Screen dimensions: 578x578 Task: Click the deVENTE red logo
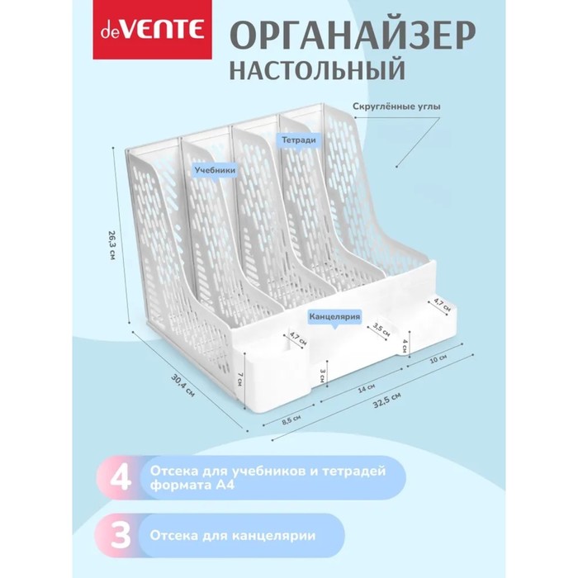pos(152,30)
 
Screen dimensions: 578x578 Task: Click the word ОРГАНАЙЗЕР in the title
pos(353,37)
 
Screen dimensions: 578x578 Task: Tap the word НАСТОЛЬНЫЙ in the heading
pos(317,70)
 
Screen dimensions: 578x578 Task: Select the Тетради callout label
pos(299,140)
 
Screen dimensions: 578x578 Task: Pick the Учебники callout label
pos(216,170)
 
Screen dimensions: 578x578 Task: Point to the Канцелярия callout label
pos(334,317)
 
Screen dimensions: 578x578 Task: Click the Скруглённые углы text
pos(396,107)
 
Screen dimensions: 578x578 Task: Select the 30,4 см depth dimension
pos(182,386)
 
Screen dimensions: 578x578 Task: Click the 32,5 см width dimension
pos(386,400)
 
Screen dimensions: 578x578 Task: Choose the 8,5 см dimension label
pos(291,419)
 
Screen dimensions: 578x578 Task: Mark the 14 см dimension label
pos(367,389)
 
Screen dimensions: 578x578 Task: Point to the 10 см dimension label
pos(439,358)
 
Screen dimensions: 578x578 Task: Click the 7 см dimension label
pos(240,379)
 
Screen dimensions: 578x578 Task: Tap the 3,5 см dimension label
pos(381,330)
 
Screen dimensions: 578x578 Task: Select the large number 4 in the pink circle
pos(121,478)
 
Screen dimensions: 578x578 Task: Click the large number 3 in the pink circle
pos(121,535)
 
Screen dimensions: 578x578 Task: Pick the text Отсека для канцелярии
pos(233,535)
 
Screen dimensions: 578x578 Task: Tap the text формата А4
pos(192,486)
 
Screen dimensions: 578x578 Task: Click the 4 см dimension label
pos(405,346)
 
